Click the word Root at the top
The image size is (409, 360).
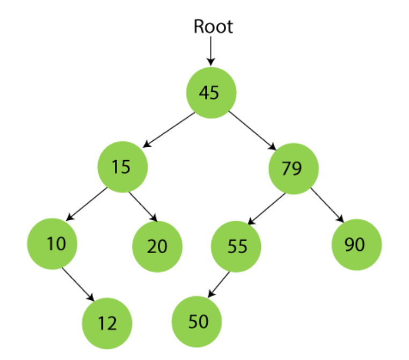(x=213, y=26)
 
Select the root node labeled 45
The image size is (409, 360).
(x=210, y=92)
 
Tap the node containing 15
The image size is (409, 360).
(x=122, y=167)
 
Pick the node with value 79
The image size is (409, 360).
(x=293, y=168)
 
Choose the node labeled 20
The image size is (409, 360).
(x=157, y=246)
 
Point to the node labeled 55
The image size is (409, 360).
(x=236, y=246)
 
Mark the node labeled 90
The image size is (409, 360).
(x=356, y=244)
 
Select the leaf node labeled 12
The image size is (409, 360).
(x=107, y=323)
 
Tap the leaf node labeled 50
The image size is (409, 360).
(x=196, y=321)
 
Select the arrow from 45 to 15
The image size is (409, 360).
(x=169, y=129)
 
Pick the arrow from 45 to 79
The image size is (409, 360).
(x=252, y=130)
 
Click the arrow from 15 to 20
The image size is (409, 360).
(x=143, y=206)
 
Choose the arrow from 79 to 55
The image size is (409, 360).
(x=267, y=207)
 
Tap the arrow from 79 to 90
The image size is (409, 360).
(x=326, y=205)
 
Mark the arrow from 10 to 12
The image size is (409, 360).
(x=78, y=283)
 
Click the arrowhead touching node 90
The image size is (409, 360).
(x=339, y=218)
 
